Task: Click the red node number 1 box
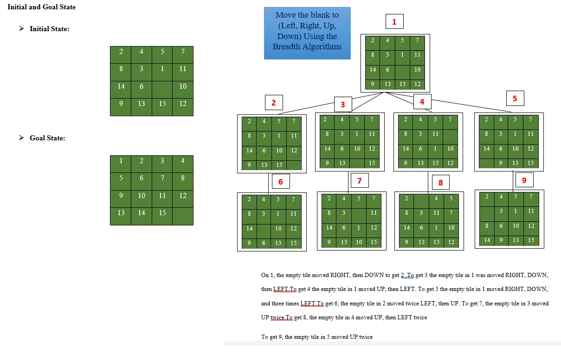[x=394, y=22]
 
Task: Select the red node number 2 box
[x=274, y=103]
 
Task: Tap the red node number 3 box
[x=343, y=105]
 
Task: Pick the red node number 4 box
[x=422, y=101]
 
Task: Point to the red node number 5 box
[x=515, y=99]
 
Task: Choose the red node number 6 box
[x=280, y=181]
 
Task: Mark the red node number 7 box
[x=360, y=180]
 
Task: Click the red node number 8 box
[x=440, y=182]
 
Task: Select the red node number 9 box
[x=524, y=180]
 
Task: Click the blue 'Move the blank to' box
[x=307, y=33]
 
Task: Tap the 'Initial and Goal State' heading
[x=41, y=7]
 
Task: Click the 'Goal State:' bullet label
[x=47, y=138]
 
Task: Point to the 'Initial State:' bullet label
[x=49, y=29]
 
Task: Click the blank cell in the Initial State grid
[x=162, y=86]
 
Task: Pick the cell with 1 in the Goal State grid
[x=121, y=161]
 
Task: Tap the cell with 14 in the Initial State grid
[x=121, y=86]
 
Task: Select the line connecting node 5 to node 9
[x=513, y=180]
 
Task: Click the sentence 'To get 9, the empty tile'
[x=317, y=337]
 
